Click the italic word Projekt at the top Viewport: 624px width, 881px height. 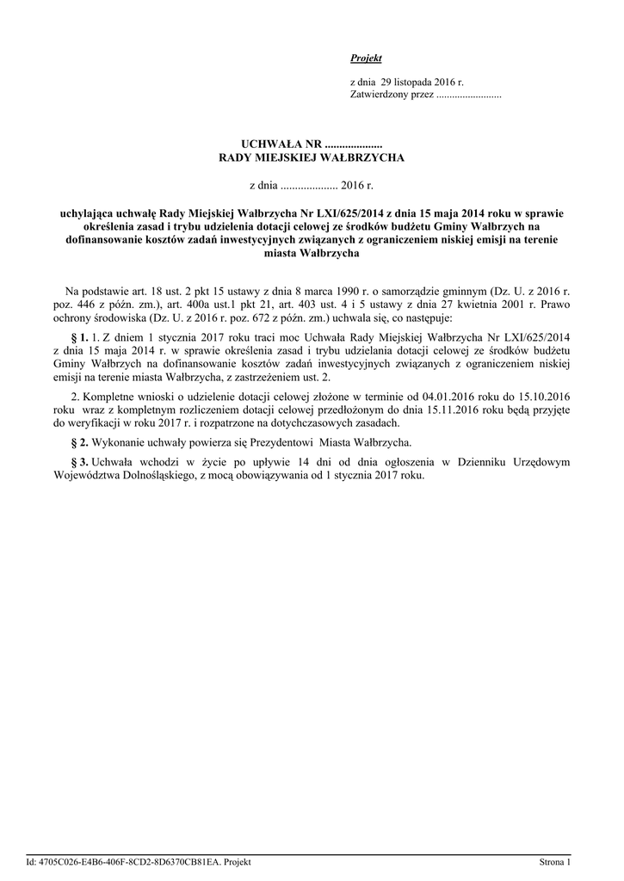[x=366, y=58]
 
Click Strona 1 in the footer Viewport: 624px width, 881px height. [x=555, y=861]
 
